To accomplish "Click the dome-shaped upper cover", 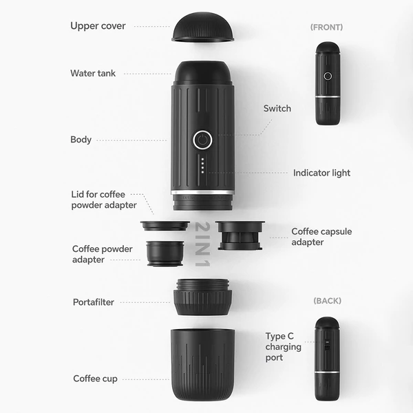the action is coord(202,27).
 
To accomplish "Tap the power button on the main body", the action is coord(202,140).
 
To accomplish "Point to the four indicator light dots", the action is coord(202,166).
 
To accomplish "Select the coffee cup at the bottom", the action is coord(202,364).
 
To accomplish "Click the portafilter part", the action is coord(202,297).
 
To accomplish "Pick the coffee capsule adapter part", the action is coord(240,235).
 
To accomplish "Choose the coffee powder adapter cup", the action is coord(165,253).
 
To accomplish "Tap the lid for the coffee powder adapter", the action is coord(165,226).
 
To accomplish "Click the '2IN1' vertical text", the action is coord(202,244).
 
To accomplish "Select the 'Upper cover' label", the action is coord(98,26).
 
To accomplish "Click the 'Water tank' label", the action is coord(93,73).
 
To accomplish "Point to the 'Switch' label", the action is coord(277,109).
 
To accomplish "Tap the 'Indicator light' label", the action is coord(321,173).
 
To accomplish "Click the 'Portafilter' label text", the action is coord(94,302).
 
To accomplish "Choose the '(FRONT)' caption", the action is coord(326,28).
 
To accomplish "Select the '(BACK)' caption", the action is coord(328,301).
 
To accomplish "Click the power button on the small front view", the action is coord(328,76).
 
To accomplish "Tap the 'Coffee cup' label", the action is coord(96,379).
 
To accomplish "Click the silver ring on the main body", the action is coord(202,192).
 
